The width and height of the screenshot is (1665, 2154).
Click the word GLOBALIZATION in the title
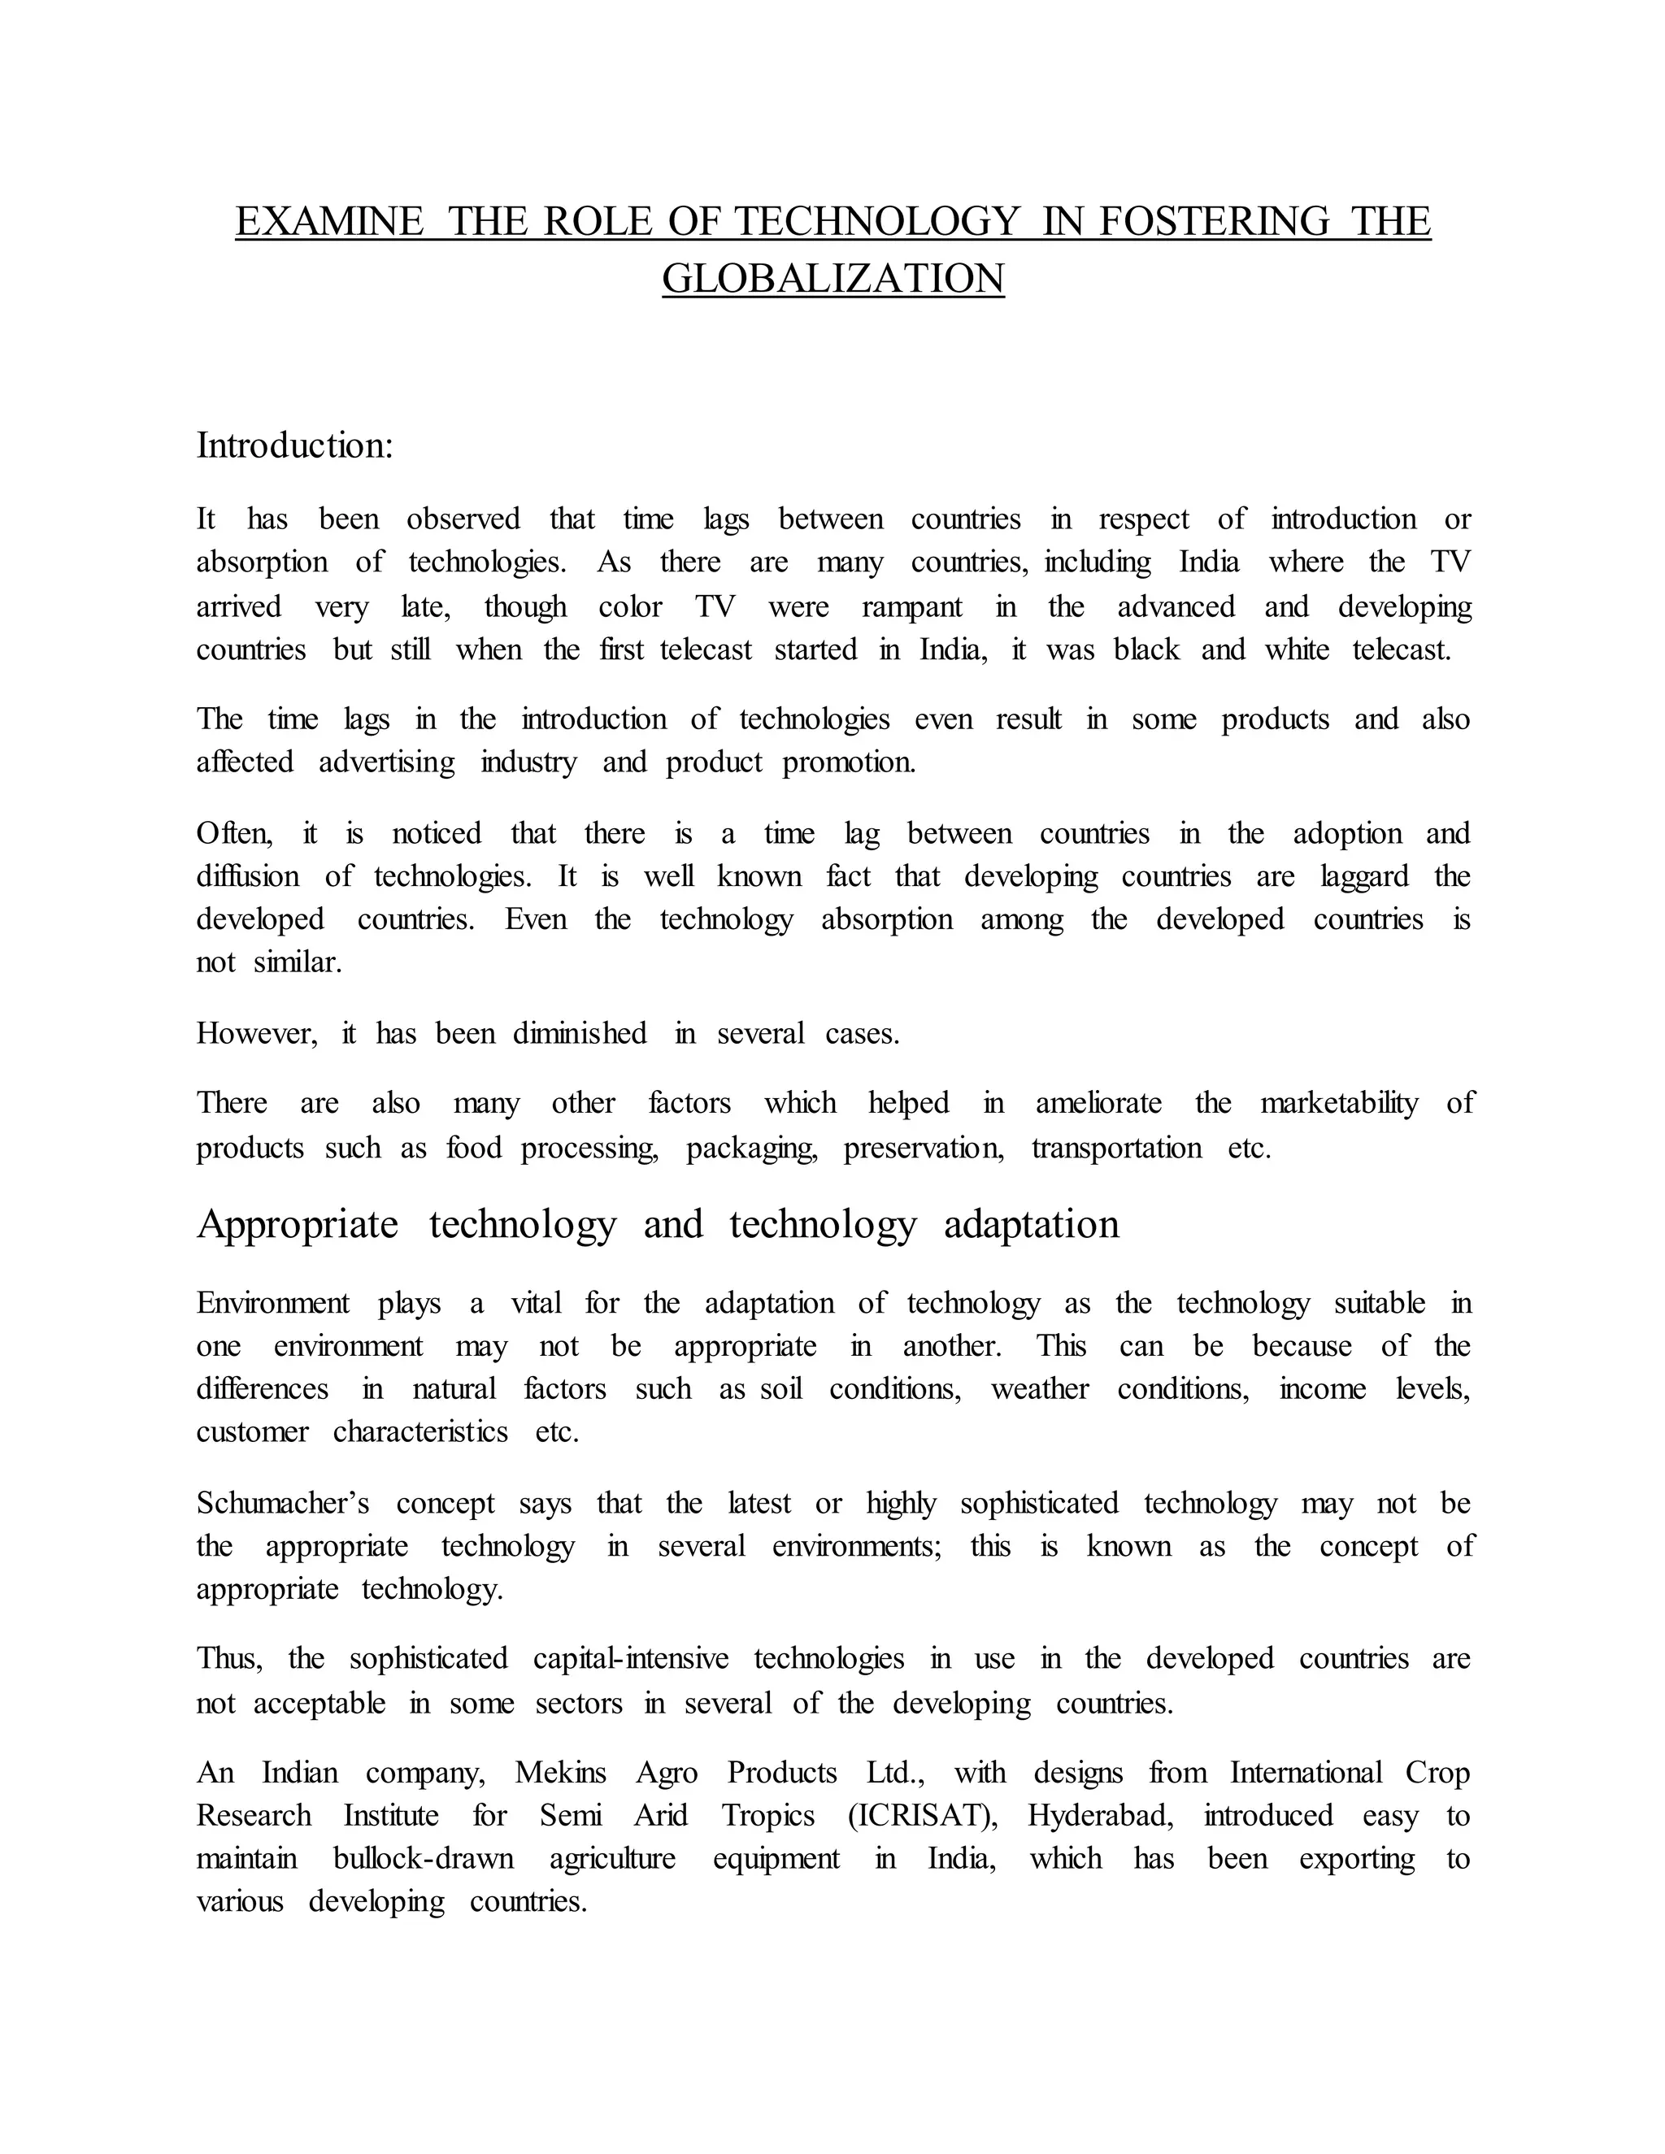coord(832,278)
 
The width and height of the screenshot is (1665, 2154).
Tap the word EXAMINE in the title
coord(329,221)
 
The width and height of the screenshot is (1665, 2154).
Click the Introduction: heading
coord(295,445)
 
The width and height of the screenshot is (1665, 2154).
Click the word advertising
coord(387,762)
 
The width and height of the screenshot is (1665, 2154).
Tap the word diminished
coord(580,1034)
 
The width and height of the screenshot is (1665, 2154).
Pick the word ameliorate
coord(1099,1103)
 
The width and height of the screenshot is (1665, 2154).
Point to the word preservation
coord(924,1148)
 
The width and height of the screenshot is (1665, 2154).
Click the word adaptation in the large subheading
coord(1032,1225)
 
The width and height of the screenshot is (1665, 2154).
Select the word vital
coord(536,1303)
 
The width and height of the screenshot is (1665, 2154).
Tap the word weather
coord(1040,1388)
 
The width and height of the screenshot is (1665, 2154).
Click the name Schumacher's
coord(283,1503)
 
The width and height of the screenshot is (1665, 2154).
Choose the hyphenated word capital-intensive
coord(631,1658)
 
